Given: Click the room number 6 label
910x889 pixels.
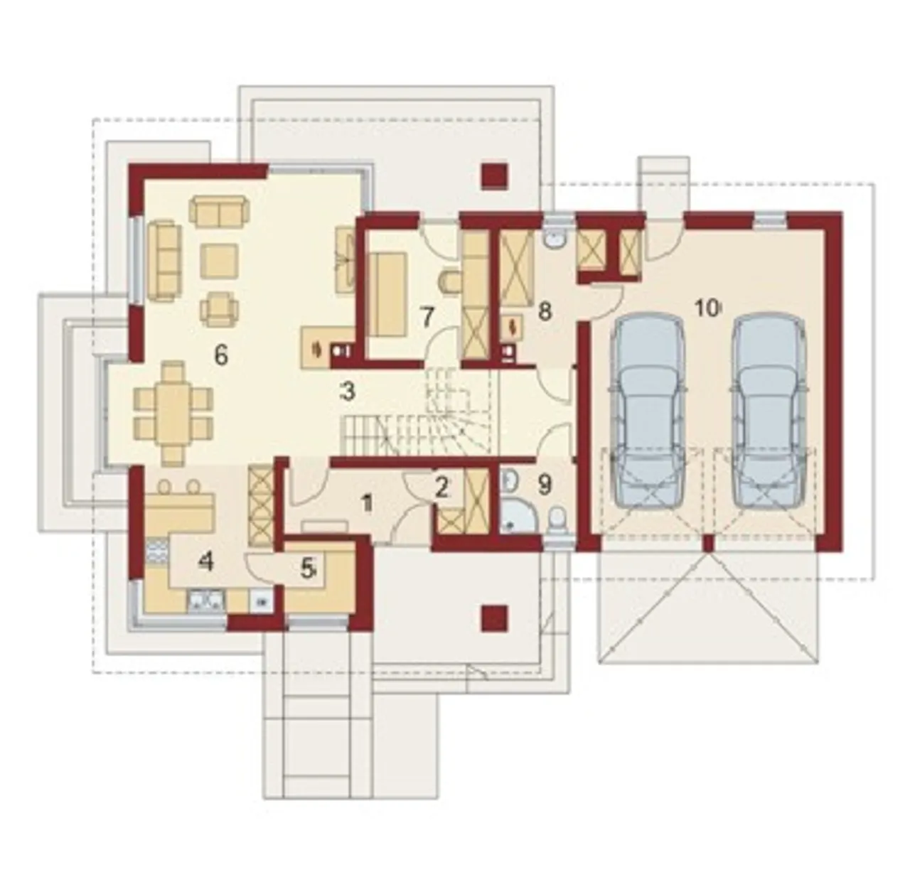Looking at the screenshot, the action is click(x=220, y=355).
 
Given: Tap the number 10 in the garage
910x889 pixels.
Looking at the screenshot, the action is click(x=707, y=308).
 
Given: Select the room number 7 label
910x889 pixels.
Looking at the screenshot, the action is click(x=427, y=318).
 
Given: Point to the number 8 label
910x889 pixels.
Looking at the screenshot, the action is click(x=545, y=312).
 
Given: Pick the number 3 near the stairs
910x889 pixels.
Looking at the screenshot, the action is click(x=348, y=392).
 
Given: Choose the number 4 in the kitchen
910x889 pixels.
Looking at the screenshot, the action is click(x=205, y=562).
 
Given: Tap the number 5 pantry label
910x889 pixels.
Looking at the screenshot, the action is click(x=307, y=570).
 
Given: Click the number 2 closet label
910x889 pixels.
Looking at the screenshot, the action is click(x=441, y=488).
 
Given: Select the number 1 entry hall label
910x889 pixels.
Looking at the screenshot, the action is click(x=368, y=503).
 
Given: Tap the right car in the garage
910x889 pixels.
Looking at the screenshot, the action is click(x=768, y=411).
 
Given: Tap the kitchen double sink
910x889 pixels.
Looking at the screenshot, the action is click(x=206, y=600).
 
